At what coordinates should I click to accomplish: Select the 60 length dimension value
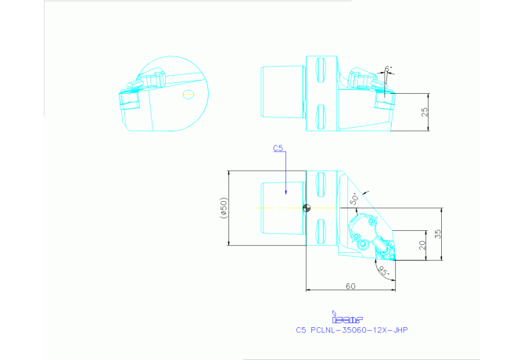coord(350,286)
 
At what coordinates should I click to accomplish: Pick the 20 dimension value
coord(423,245)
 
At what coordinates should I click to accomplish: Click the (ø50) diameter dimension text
coord(223,207)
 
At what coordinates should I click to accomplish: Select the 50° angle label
coord(354,199)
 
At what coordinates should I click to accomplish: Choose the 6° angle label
coord(387,69)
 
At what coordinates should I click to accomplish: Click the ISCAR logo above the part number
coord(348,318)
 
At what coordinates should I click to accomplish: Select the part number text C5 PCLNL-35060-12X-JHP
coord(351,330)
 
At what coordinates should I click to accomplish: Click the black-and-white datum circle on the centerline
coord(307,207)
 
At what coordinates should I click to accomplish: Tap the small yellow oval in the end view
coord(187,94)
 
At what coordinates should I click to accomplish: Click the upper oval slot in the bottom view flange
coord(319,185)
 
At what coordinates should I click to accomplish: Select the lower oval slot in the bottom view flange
coord(319,231)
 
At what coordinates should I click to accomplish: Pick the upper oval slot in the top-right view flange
coord(319,65)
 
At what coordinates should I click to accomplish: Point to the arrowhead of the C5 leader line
coord(286,193)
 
